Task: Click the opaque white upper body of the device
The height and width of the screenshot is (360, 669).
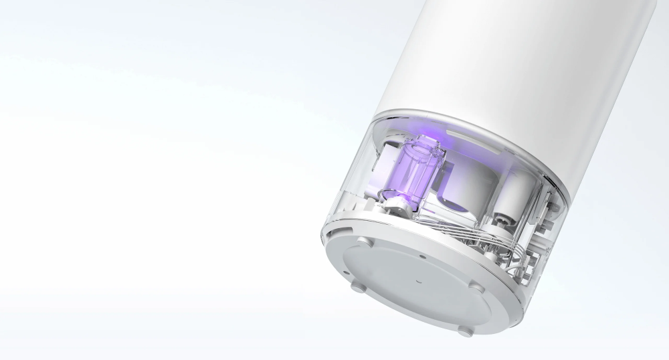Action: click(x=522, y=67)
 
